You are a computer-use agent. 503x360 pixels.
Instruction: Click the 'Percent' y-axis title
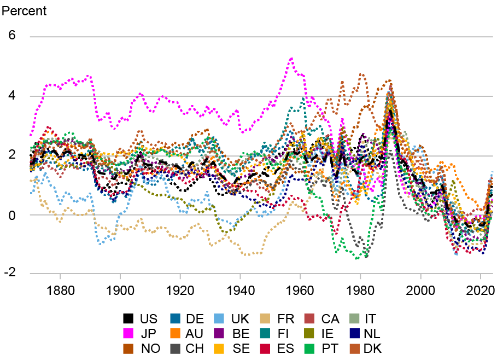25,11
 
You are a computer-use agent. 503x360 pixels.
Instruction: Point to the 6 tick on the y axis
11,36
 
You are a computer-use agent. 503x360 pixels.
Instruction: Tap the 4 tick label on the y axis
11,96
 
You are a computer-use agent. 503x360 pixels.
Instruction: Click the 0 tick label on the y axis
11,214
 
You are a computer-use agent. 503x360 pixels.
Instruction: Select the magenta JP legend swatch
128,333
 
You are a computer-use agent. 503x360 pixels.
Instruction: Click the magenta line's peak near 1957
291,58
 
